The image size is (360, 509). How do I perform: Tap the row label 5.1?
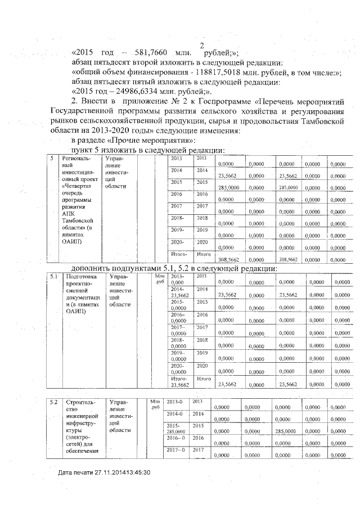(x=53, y=276)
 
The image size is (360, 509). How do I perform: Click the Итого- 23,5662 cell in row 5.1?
(x=179, y=382)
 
